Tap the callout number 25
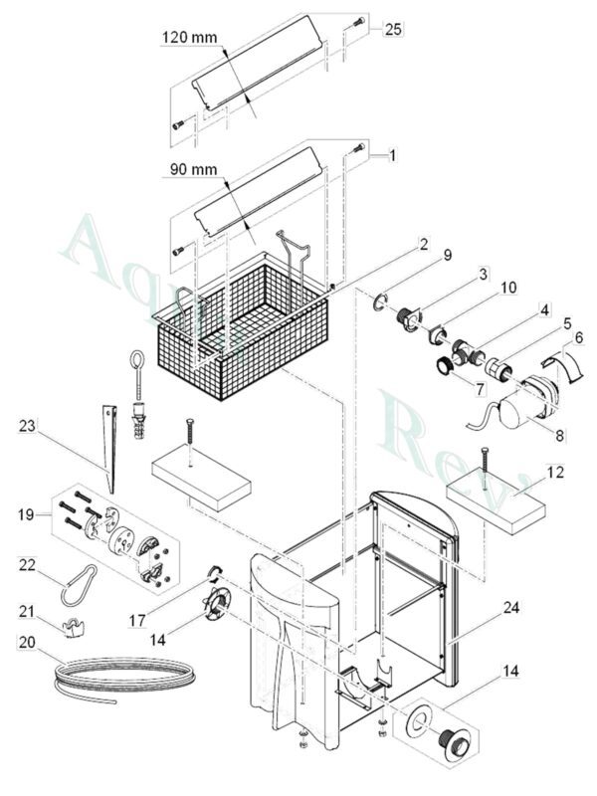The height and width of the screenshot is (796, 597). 393,30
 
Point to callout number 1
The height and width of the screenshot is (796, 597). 392,156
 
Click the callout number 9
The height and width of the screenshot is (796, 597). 447,254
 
